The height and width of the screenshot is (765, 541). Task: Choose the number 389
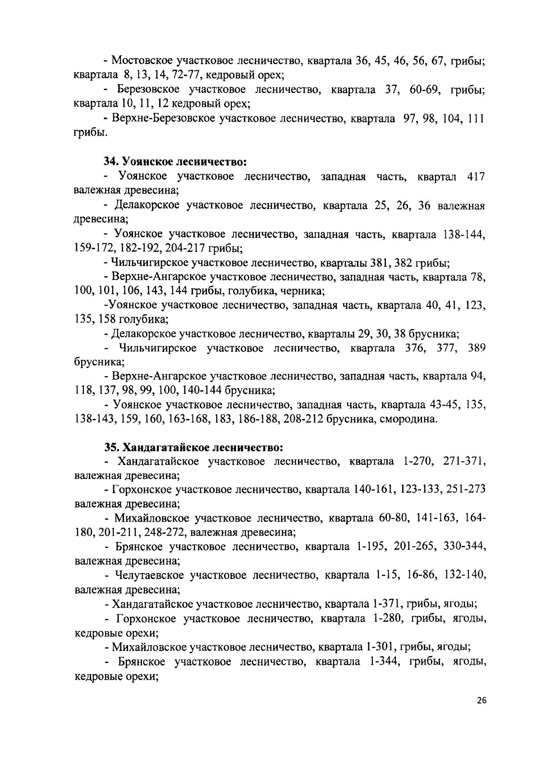tap(476, 348)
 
